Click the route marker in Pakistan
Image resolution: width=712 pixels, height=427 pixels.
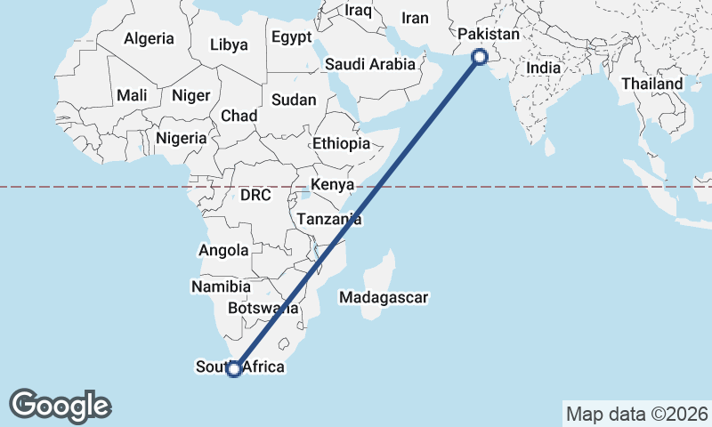coord(480,57)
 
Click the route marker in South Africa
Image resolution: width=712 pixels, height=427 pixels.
coord(234,369)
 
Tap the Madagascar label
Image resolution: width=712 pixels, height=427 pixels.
coord(384,298)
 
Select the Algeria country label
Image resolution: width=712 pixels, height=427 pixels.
coord(149,39)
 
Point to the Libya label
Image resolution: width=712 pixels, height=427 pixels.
coord(230,44)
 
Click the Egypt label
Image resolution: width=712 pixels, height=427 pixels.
coord(292,37)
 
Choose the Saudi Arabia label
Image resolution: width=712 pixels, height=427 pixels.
coord(370,64)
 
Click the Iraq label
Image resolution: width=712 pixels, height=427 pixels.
coord(358,11)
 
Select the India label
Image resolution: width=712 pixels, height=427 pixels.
coord(544,68)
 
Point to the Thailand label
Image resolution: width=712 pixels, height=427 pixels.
coord(652,84)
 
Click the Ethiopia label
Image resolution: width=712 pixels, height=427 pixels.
coord(341,143)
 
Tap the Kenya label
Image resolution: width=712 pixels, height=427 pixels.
coord(331,186)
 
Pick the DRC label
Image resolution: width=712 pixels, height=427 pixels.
coord(255,195)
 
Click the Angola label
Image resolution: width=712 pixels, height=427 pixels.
coord(223,251)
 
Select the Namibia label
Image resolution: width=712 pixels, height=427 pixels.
coord(221,286)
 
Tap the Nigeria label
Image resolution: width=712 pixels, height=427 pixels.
coord(182,138)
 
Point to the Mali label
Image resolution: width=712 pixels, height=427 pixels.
coord(132,95)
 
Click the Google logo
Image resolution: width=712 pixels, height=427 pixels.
coord(60,406)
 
